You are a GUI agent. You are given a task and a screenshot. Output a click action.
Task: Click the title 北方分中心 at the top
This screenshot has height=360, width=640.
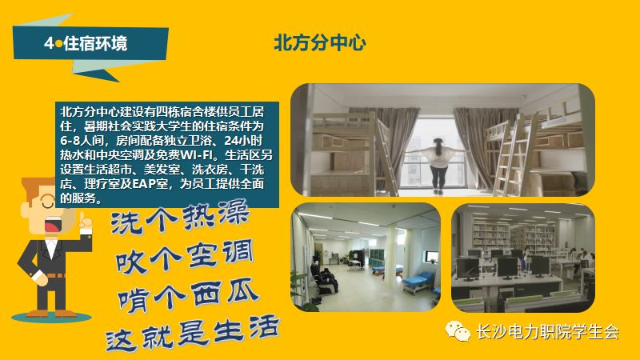320,42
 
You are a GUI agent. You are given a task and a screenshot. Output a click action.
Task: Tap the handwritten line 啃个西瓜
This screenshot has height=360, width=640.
186,294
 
